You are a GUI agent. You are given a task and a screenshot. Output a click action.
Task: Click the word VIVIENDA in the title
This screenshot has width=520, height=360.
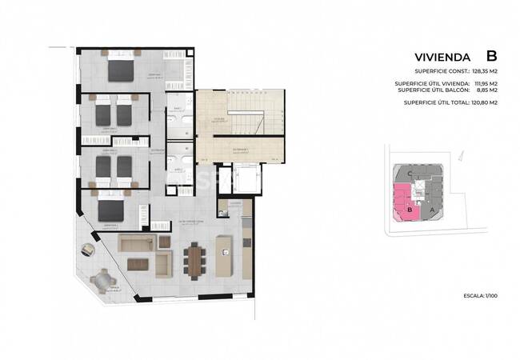click(442, 58)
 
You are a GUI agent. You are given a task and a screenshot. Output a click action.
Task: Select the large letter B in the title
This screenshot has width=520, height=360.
click(491, 56)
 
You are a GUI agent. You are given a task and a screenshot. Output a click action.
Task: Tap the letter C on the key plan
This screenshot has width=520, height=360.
click(410, 173)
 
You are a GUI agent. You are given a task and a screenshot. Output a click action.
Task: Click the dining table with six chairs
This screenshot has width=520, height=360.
click(195, 259)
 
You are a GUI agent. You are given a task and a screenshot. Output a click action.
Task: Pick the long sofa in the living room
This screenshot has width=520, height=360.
click(135, 242)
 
